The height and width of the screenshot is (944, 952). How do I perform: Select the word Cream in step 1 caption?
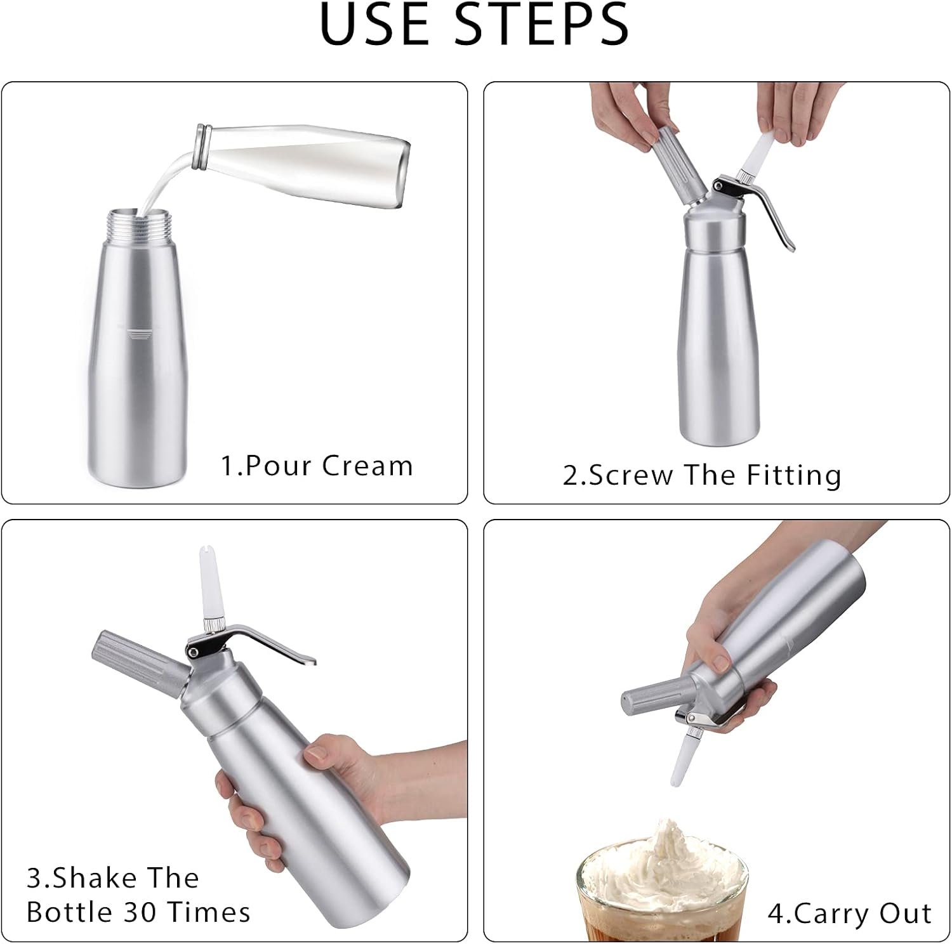click(367, 466)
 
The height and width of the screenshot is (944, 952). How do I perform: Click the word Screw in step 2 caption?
click(631, 476)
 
